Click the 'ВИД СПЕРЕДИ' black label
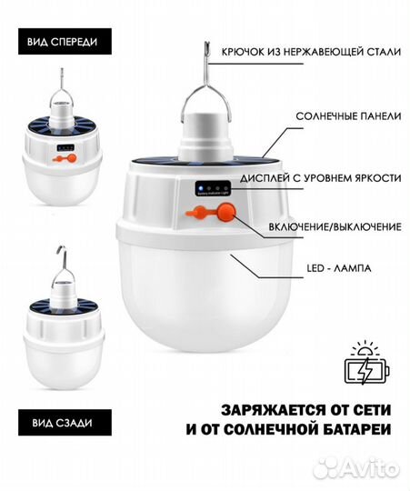click(64, 42)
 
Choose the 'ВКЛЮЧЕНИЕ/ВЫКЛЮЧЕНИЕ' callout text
click(333, 224)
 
